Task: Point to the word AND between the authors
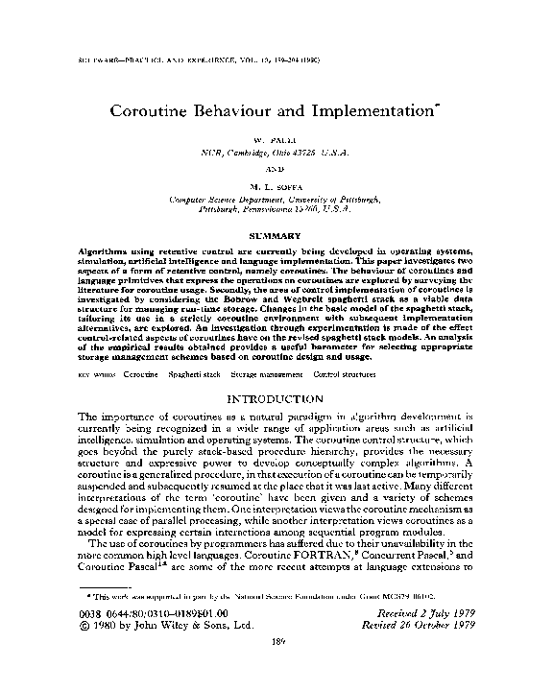pos(276,166)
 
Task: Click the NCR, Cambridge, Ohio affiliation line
pos(276,153)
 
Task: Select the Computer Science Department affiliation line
pos(276,200)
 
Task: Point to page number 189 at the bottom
pos(276,670)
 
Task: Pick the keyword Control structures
pos(346,372)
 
